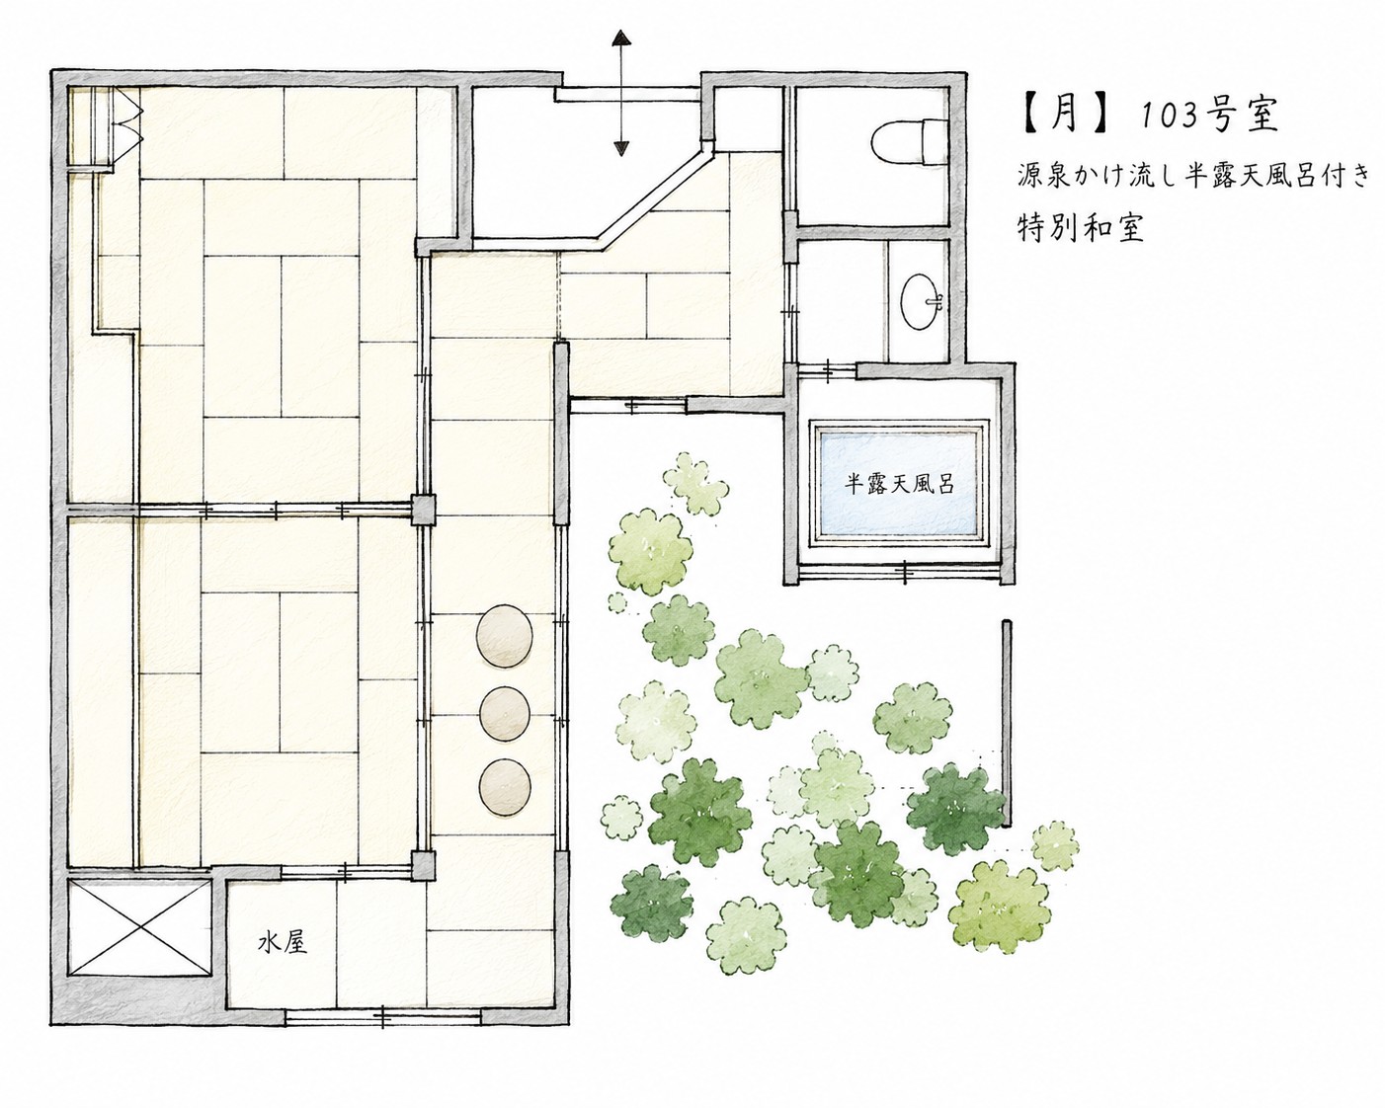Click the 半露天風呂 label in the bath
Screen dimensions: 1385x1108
900,485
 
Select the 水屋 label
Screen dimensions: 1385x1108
282,943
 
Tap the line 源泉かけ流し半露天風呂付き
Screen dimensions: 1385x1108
1194,175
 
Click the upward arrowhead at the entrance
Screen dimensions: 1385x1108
620,38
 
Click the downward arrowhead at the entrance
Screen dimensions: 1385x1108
620,148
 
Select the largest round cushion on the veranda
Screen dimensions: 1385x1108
505,636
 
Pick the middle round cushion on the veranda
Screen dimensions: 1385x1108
505,713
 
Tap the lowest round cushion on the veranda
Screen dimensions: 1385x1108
505,787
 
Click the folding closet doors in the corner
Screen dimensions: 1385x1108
127,127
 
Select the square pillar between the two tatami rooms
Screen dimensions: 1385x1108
424,510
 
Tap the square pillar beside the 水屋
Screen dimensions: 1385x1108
424,865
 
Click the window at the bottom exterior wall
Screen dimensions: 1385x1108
383,1016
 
